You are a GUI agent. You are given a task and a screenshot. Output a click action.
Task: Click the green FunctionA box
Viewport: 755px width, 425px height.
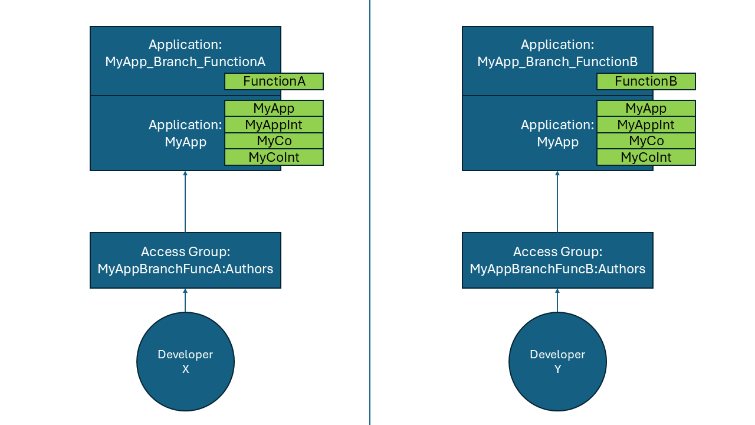coord(274,81)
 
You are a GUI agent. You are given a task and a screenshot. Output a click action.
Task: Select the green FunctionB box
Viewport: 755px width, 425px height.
coord(646,81)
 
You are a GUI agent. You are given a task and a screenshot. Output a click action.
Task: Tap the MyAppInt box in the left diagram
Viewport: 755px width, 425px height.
coord(274,125)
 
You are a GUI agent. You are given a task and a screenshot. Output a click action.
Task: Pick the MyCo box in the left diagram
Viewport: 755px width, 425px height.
coord(274,141)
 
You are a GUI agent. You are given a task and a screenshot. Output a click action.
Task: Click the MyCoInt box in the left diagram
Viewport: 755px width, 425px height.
coord(274,157)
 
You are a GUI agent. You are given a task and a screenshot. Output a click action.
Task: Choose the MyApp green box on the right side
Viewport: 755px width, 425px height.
coord(646,109)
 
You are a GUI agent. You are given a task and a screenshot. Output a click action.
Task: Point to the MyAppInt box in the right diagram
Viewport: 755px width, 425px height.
coord(646,125)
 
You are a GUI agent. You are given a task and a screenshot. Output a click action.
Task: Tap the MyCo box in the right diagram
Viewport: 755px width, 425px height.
coord(646,141)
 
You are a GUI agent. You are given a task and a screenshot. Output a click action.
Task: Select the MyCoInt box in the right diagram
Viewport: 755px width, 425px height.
coord(646,157)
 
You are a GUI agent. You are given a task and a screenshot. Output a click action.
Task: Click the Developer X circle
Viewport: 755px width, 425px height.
coord(185,361)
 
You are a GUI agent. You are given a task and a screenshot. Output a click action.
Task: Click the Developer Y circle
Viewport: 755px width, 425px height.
coord(557,361)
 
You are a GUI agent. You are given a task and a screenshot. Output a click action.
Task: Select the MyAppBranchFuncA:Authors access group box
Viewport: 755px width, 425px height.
coord(185,260)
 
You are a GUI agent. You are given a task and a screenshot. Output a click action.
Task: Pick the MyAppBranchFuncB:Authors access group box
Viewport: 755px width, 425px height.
coord(557,260)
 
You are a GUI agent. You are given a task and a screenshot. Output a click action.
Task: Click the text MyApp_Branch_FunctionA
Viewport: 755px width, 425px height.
coord(185,61)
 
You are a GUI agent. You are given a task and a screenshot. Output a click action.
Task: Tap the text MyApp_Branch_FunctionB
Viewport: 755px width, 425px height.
coord(557,61)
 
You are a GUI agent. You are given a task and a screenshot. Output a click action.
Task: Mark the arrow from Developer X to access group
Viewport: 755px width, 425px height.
coord(185,300)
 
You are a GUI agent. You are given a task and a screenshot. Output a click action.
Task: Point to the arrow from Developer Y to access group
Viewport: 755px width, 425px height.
coord(557,300)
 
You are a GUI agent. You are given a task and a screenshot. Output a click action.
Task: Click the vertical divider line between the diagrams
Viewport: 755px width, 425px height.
coord(370,212)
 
